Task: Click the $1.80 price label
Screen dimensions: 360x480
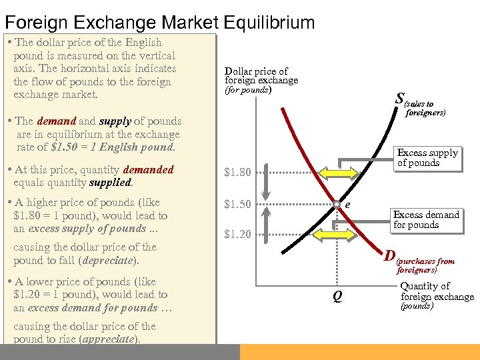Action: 238,173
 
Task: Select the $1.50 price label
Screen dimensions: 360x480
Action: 238,204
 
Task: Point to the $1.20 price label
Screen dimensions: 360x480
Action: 238,234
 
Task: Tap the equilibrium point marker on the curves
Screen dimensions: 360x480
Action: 337,204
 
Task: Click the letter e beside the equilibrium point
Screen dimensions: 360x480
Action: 349,205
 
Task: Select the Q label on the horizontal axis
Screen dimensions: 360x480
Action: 337,297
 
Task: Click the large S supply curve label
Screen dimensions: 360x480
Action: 399,99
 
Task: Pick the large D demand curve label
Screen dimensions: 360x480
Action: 390,255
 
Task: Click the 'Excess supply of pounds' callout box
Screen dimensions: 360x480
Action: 427,158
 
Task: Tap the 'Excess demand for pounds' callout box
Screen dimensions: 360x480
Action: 426,219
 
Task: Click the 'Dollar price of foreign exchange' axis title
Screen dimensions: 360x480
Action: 261,76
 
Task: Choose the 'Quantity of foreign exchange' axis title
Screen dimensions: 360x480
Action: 437,291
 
